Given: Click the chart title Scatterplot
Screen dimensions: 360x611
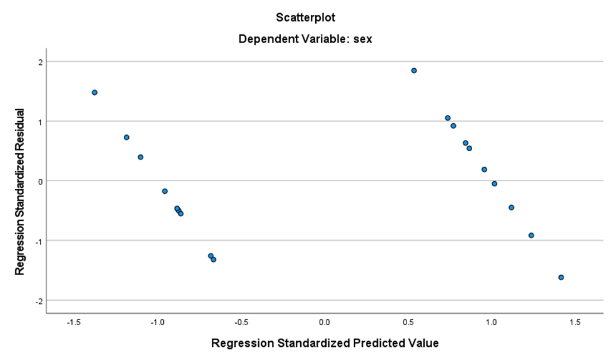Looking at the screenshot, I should [306, 17].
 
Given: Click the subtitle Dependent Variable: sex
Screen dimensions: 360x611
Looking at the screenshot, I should [306, 39].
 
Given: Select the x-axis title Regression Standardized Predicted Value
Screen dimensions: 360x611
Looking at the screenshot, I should [325, 343].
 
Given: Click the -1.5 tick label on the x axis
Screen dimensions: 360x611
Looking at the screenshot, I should [73, 322].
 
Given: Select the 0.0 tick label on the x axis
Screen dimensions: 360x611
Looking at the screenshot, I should [324, 322].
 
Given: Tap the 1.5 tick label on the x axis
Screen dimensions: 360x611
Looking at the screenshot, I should [575, 322].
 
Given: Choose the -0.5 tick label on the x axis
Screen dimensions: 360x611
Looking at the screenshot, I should [240, 322].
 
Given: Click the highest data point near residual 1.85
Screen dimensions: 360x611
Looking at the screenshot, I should [414, 71].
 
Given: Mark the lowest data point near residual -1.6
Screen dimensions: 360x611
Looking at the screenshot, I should [561, 277].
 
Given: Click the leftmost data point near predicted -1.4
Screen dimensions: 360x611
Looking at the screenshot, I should [94, 92].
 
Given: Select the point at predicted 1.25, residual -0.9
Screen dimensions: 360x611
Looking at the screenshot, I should [531, 236].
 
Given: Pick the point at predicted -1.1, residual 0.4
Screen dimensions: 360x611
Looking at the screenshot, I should [141, 157].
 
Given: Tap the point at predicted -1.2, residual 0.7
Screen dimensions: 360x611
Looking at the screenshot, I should [126, 137].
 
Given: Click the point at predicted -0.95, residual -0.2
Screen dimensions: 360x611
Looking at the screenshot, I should [165, 191].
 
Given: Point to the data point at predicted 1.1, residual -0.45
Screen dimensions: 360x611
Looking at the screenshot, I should [511, 207].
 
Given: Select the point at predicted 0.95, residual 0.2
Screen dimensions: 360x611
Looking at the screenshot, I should [484, 169].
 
